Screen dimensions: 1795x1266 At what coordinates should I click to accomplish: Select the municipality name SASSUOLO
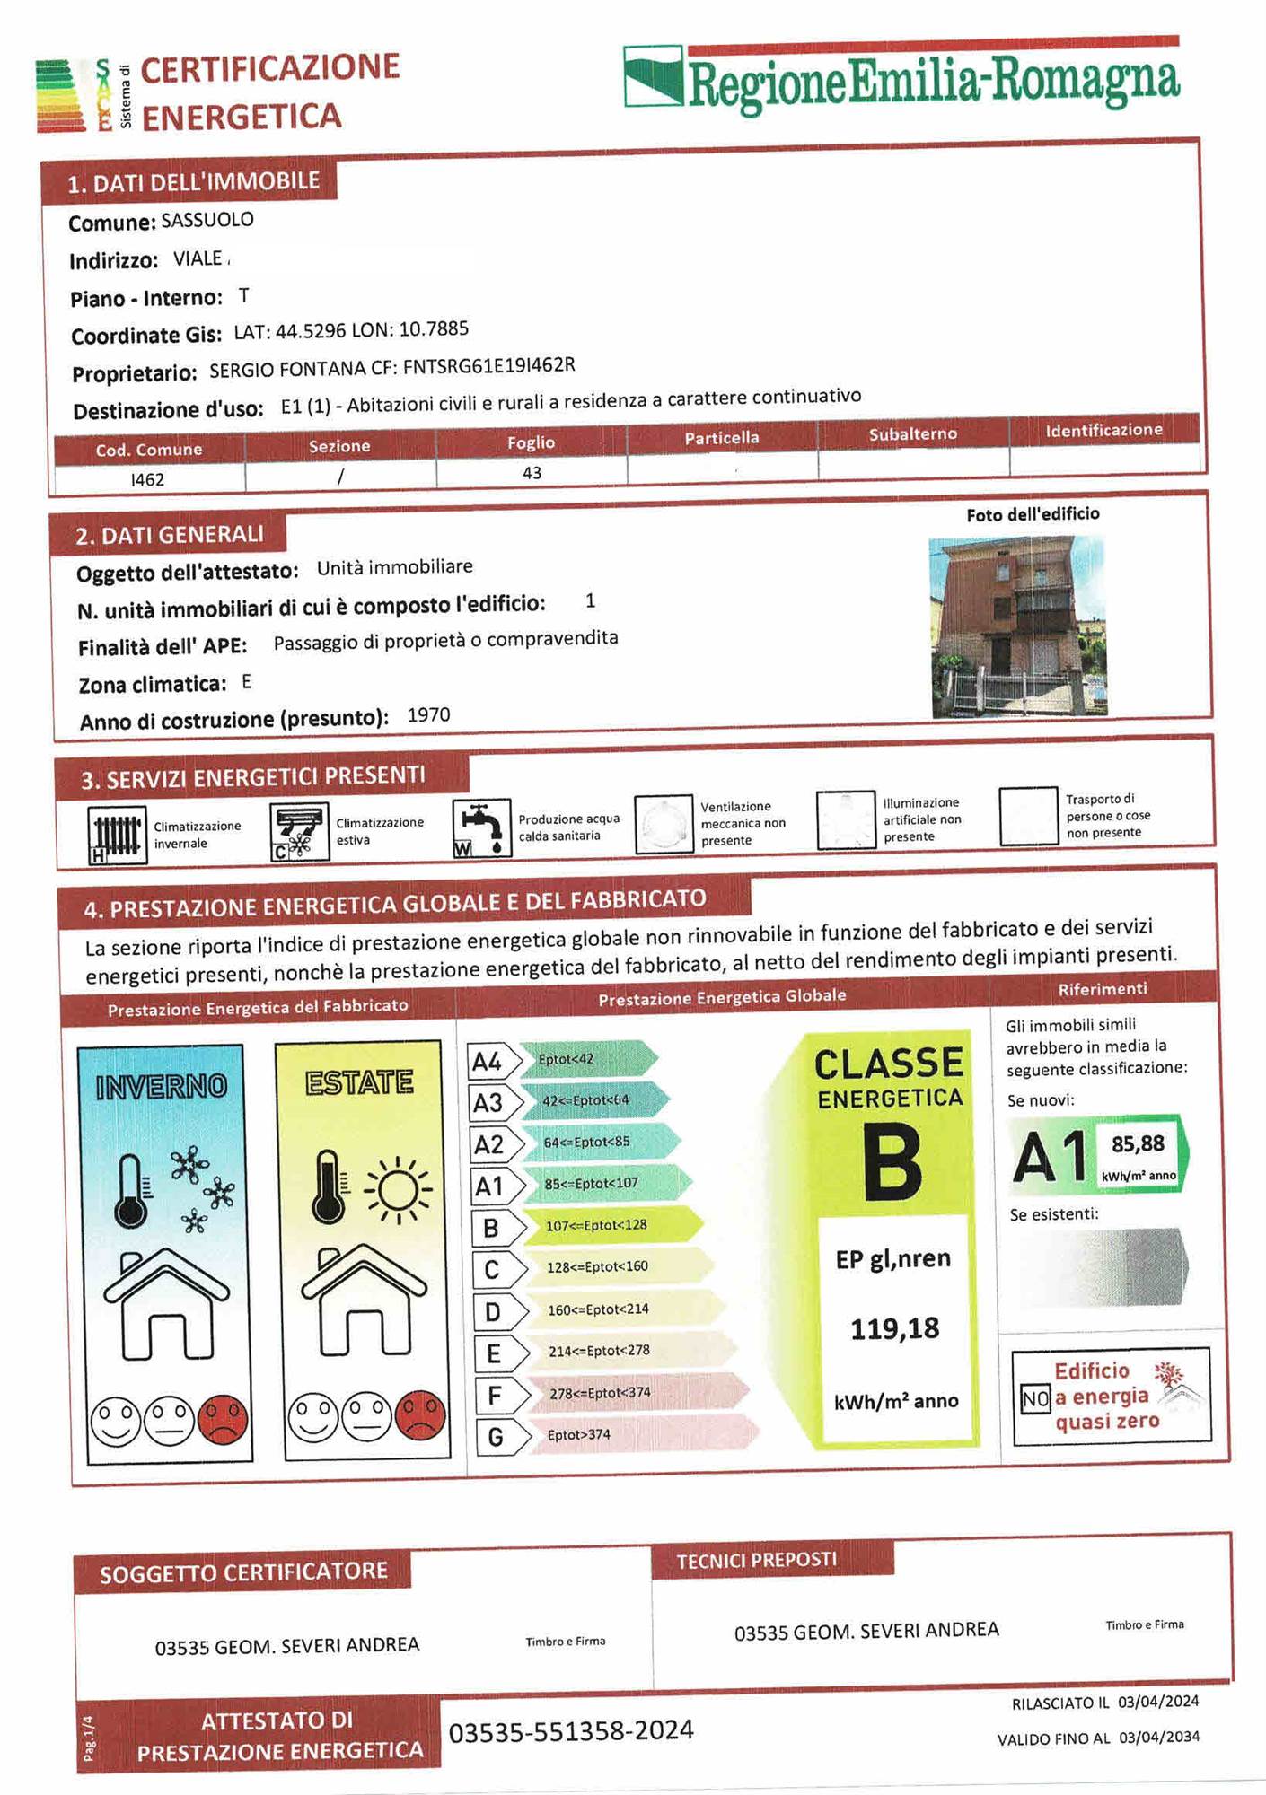click(x=207, y=220)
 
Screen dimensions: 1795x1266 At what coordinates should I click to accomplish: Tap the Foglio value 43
click(x=532, y=473)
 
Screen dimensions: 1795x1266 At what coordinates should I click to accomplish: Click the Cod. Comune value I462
click(x=148, y=479)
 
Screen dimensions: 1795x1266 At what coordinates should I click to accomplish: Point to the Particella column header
click(x=722, y=438)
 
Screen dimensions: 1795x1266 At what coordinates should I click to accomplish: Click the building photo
click(x=1018, y=626)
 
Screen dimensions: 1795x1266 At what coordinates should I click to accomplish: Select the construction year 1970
click(x=428, y=715)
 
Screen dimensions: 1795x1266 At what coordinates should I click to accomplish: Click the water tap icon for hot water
click(x=481, y=828)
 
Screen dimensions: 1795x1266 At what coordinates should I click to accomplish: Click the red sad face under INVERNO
click(x=223, y=1419)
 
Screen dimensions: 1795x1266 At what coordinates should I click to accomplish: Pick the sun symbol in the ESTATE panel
click(x=397, y=1190)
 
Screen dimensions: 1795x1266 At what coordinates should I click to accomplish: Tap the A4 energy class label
click(x=488, y=1062)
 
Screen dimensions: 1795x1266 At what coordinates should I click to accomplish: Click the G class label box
click(x=496, y=1438)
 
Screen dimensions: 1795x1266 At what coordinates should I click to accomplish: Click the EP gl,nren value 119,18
click(x=894, y=1328)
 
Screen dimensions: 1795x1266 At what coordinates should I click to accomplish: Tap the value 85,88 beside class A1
click(x=1138, y=1144)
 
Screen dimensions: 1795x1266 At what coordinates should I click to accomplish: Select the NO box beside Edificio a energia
click(x=1035, y=1398)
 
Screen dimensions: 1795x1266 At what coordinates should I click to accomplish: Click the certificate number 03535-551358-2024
click(x=571, y=1731)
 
